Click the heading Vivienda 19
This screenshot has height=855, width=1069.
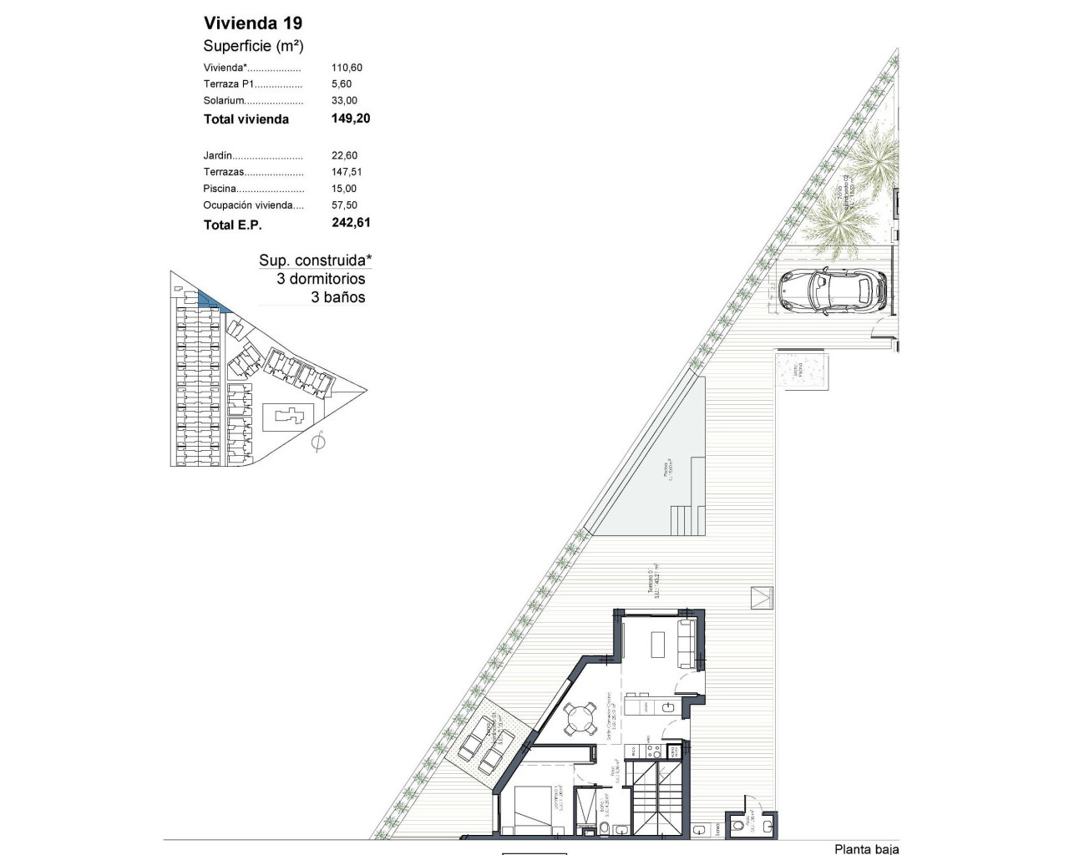click(253, 23)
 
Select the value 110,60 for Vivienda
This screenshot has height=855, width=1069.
click(347, 68)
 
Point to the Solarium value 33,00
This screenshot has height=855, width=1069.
click(344, 100)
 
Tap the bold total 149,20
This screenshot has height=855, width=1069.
click(351, 119)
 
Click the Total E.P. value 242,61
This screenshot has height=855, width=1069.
click(351, 223)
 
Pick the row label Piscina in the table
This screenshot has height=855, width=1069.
click(220, 189)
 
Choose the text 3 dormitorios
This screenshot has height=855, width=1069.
click(321, 279)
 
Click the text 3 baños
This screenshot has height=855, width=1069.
click(338, 297)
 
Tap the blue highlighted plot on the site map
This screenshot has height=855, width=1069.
click(210, 301)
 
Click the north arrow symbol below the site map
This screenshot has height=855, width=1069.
click(317, 442)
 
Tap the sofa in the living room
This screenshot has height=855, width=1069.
click(686, 644)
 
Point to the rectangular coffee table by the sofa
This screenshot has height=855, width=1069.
click(657, 644)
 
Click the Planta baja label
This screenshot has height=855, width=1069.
click(866, 848)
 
